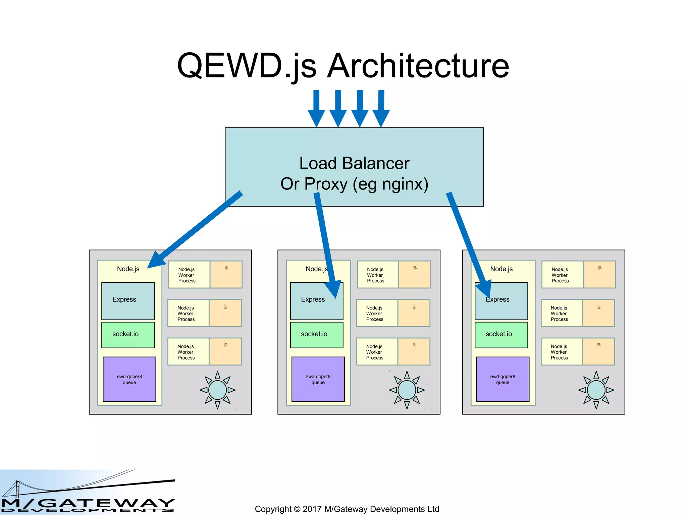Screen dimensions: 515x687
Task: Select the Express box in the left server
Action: [128, 301]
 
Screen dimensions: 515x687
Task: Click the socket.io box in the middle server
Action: [316, 334]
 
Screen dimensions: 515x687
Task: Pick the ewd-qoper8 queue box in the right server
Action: [503, 379]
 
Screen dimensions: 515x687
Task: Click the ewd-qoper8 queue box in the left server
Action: [129, 379]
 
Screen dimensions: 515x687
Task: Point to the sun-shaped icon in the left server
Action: [217, 390]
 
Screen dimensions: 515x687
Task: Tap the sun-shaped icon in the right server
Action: [596, 390]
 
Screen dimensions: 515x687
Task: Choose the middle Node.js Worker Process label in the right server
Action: [560, 313]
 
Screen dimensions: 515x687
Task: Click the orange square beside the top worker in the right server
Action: [599, 274]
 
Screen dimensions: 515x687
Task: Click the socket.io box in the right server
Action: [501, 334]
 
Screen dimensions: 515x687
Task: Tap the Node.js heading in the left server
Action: [128, 269]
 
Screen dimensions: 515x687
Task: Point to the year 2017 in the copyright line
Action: [312, 509]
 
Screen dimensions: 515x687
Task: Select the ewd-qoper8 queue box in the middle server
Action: [318, 379]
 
